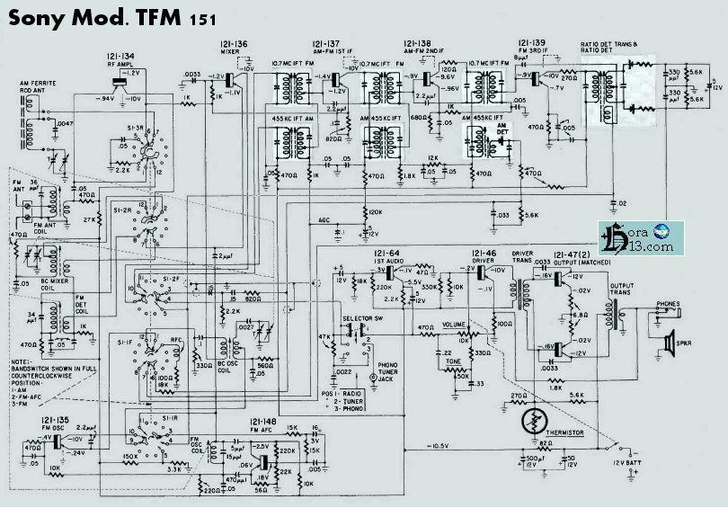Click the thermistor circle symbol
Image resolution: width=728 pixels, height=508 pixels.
tap(537, 420)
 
